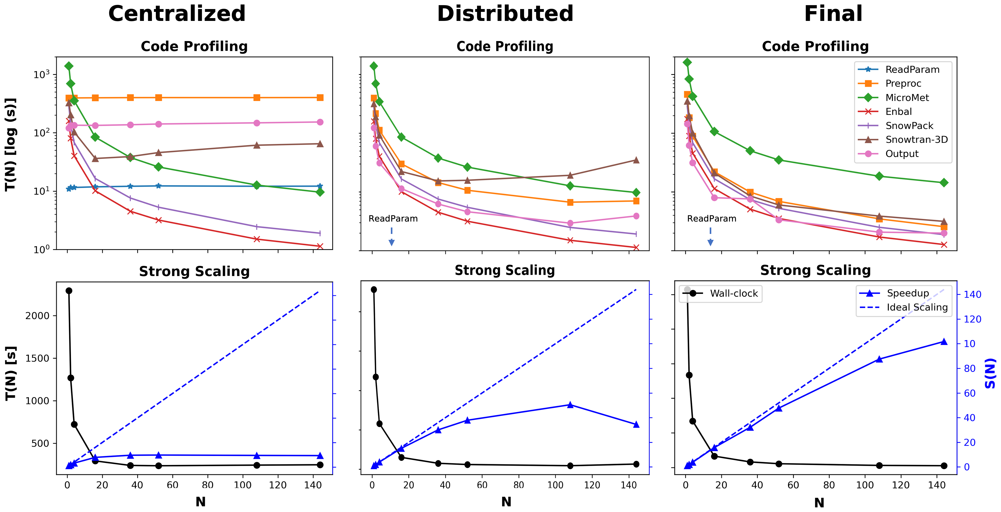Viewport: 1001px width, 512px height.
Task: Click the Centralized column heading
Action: [177, 14]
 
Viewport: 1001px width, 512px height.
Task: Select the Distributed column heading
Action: [505, 14]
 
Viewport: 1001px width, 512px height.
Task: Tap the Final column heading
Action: [833, 14]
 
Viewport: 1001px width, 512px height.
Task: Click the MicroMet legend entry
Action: [907, 98]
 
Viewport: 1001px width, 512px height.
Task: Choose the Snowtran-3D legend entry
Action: [916, 140]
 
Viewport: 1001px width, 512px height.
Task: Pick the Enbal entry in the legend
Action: [898, 112]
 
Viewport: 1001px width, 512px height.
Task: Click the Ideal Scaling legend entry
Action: [917, 307]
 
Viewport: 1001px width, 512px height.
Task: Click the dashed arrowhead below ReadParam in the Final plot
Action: [710, 243]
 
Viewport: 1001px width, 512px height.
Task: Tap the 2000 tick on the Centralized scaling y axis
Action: [38, 316]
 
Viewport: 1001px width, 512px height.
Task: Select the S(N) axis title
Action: [990, 373]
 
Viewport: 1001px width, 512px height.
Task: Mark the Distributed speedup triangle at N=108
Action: [570, 405]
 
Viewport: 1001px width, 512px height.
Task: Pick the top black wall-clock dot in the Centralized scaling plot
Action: [69, 291]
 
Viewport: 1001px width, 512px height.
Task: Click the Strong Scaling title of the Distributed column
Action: [505, 270]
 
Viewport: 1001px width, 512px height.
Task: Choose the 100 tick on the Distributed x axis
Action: [555, 485]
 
